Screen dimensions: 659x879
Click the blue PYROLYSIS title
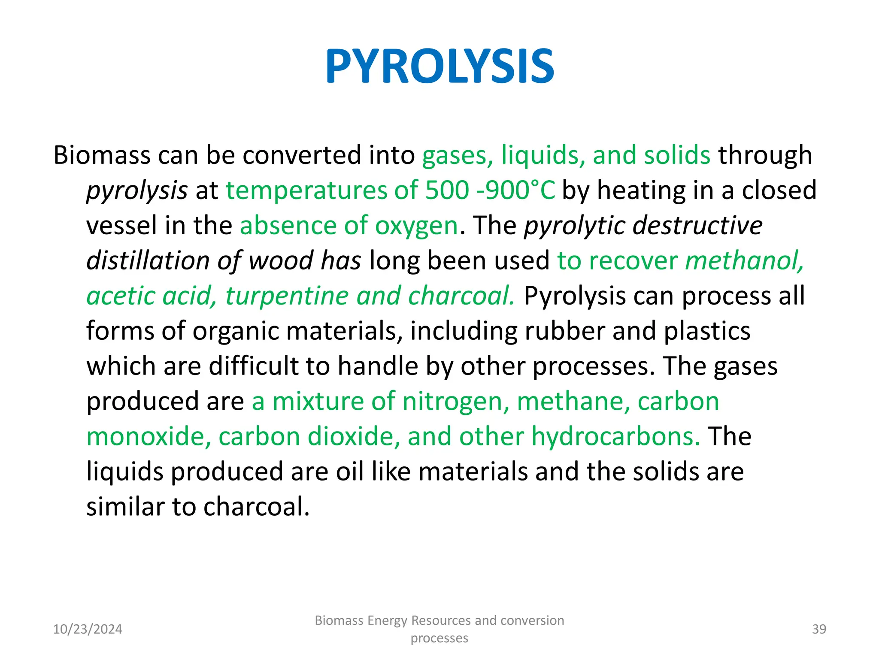tap(439, 67)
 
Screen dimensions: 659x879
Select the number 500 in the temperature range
tap(447, 190)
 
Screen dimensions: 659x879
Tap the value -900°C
tap(516, 190)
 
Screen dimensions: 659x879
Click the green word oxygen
tap(416, 226)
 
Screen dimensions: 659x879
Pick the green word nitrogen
tap(456, 402)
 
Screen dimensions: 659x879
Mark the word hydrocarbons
tap(615, 437)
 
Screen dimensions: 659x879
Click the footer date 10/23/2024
tap(88, 629)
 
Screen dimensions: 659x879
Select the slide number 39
tap(819, 629)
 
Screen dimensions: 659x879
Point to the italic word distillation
tap(148, 261)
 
